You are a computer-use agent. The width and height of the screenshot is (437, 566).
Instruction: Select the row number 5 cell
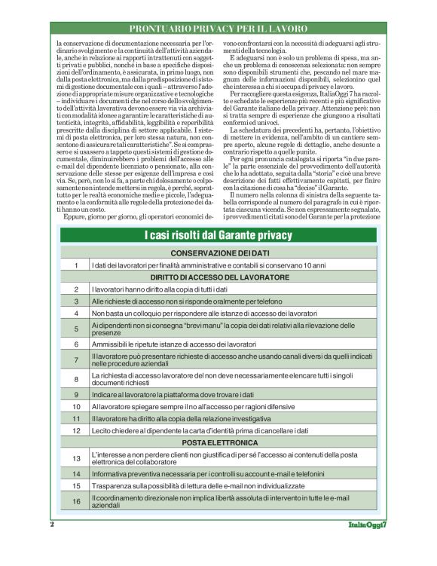point(76,329)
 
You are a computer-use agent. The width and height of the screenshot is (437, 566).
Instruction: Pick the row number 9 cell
point(76,394)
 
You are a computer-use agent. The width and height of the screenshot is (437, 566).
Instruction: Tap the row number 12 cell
point(76,430)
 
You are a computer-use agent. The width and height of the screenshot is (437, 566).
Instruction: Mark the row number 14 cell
point(76,473)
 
